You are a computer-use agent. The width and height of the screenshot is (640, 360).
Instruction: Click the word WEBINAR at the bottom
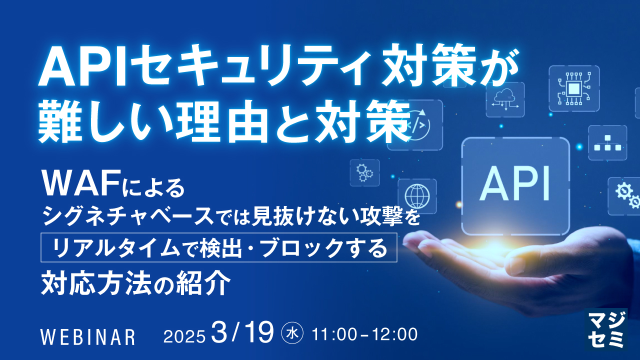[87, 337]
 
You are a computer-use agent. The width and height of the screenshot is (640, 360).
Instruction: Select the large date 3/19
[242, 332]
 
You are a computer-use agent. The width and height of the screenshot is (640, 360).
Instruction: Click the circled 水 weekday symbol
[292, 333]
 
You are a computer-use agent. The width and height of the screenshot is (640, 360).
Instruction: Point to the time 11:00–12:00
[364, 334]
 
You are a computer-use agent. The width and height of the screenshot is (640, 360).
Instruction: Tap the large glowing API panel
[515, 186]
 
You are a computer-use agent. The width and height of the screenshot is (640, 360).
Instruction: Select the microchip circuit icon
[574, 88]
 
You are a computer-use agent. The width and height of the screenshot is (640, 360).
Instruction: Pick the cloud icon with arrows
[505, 99]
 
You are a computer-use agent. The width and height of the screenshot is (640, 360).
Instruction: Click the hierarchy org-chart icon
[607, 142]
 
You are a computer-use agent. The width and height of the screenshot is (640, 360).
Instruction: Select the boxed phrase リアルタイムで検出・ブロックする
[219, 247]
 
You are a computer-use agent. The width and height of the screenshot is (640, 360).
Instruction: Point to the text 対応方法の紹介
[135, 282]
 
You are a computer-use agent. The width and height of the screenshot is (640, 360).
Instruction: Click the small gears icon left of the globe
[364, 172]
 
